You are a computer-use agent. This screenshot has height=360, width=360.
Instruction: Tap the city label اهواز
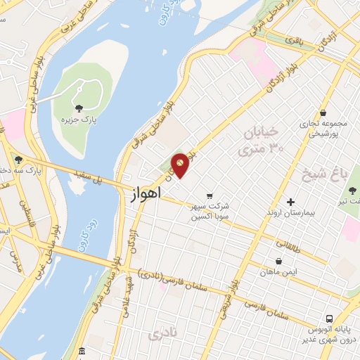146,192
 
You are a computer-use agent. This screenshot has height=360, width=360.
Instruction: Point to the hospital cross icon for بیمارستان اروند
290,202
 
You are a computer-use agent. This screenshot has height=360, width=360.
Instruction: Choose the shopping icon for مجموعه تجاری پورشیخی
323,112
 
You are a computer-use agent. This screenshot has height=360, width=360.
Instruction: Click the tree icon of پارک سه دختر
18,160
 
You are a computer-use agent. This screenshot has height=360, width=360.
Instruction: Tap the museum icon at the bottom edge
82,351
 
